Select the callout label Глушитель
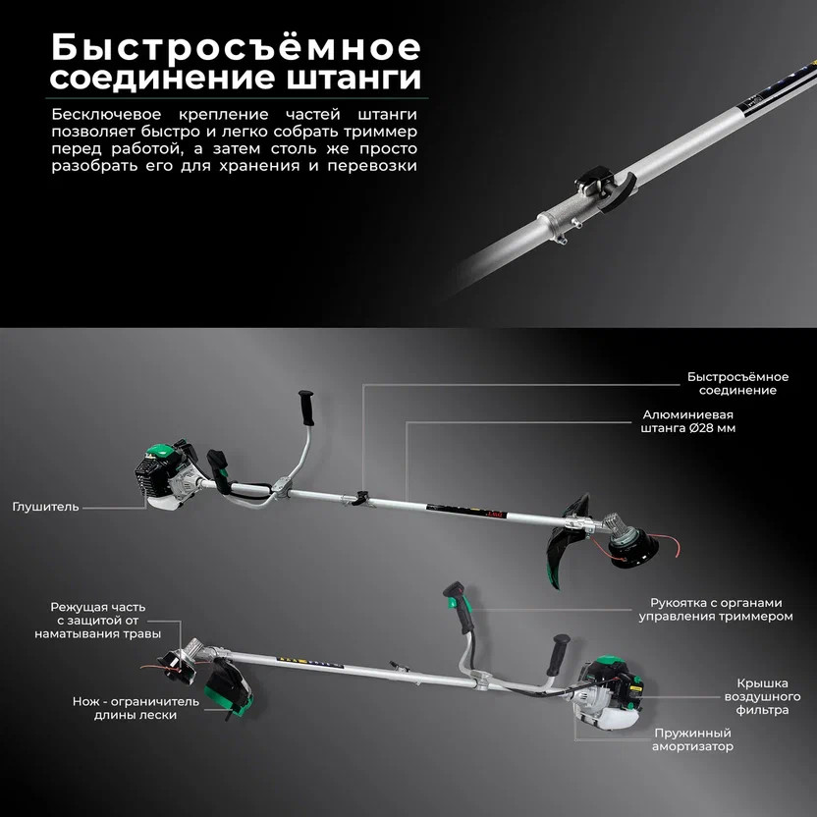(46, 507)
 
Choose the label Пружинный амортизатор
(693, 739)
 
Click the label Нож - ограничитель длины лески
(125, 708)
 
